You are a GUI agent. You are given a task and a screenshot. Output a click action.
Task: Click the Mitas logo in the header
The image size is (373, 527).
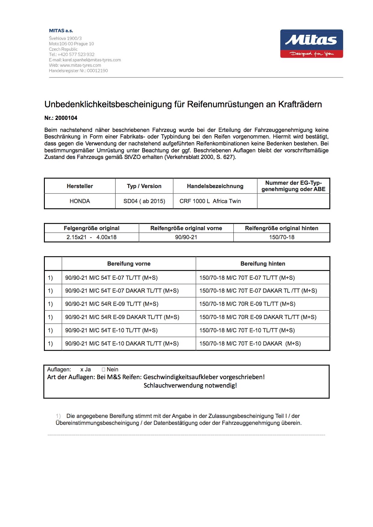click(311, 44)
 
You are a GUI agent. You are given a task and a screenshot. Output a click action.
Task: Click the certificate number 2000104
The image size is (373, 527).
click(66, 118)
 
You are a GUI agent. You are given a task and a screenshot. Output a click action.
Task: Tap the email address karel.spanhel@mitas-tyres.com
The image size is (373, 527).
click(92, 60)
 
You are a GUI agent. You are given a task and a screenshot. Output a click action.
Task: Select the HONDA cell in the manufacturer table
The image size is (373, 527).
click(80, 201)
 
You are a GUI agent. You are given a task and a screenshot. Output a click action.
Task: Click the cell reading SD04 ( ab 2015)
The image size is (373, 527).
click(144, 201)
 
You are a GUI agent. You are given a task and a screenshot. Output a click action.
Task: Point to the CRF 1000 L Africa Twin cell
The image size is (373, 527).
click(210, 201)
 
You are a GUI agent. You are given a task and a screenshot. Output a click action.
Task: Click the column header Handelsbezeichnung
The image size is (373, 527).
click(215, 186)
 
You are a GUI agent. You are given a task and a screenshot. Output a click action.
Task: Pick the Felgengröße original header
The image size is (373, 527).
click(91, 228)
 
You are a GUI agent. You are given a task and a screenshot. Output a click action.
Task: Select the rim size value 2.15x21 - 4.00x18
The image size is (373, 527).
click(91, 237)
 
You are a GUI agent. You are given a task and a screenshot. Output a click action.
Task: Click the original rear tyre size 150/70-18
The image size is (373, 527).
click(282, 237)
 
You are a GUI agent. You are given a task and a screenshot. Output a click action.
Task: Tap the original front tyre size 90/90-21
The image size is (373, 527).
click(186, 237)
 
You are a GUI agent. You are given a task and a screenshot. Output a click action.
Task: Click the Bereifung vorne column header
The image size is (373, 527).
click(129, 264)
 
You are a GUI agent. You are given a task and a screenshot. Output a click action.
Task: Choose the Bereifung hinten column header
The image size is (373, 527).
click(263, 264)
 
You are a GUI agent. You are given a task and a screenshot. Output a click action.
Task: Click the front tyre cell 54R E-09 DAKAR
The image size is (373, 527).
click(122, 317)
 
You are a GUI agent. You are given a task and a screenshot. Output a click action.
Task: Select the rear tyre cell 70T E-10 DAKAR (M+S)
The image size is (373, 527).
click(250, 344)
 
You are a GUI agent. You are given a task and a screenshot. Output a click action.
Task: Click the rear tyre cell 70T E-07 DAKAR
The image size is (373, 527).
click(258, 291)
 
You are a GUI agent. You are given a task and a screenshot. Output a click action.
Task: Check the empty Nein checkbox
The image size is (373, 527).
click(103, 370)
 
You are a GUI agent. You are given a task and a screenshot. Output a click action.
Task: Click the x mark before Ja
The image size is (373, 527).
click(82, 370)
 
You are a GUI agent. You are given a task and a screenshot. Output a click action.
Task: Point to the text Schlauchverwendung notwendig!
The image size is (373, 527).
click(190, 385)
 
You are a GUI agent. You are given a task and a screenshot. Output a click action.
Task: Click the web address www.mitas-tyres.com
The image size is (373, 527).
click(80, 65)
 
